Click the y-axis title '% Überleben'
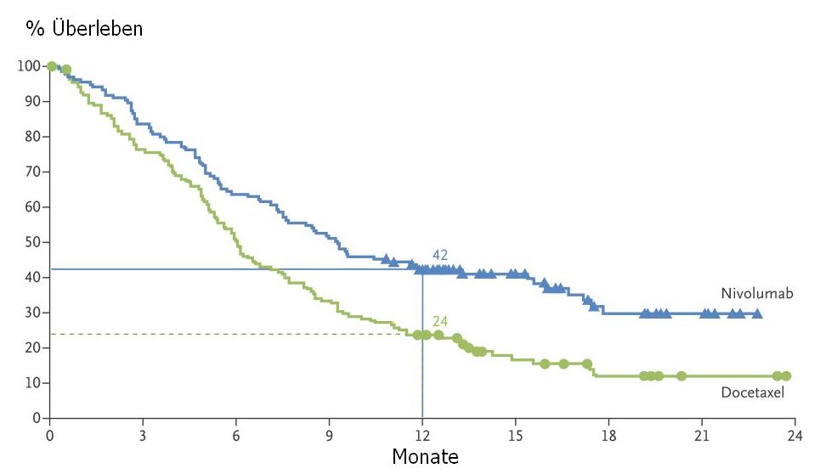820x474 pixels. pos(84,29)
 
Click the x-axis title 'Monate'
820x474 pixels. pos(425,457)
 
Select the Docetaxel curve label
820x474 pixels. pos(752,392)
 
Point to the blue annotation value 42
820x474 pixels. pos(439,255)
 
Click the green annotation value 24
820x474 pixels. pos(439,320)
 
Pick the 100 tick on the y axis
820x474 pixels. pos(29,66)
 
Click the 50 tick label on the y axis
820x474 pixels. pos(32,242)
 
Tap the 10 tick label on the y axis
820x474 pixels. pos(32,383)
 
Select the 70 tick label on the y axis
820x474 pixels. pos(32,172)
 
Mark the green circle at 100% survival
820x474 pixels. pos(52,66)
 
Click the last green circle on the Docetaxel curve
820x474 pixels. pos(786,375)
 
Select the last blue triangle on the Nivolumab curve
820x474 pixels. pos(757,313)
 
